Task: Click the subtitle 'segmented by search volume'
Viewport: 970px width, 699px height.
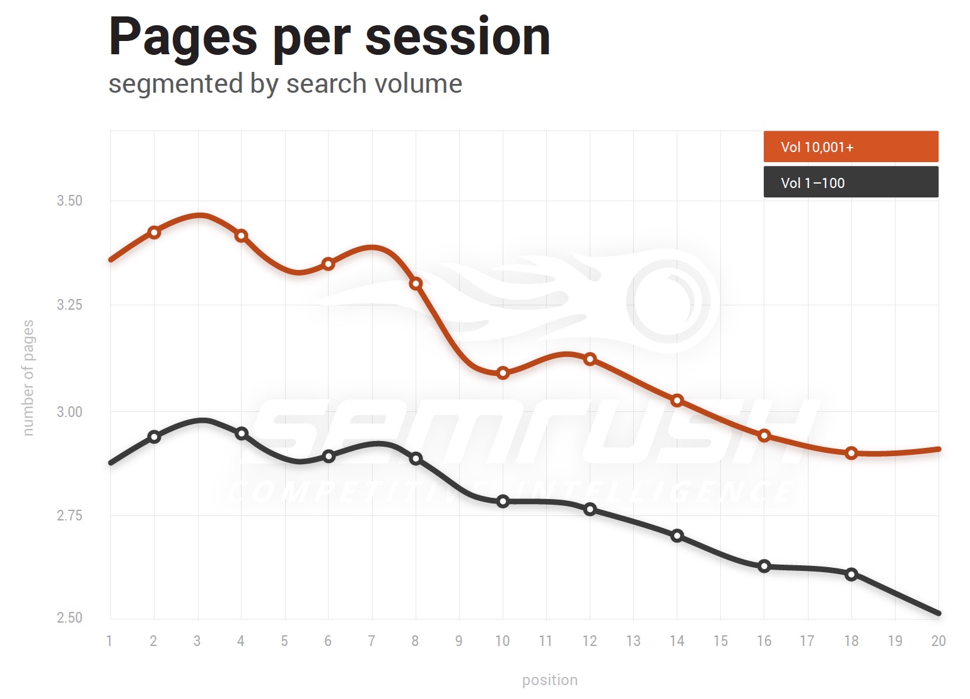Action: [x=285, y=84]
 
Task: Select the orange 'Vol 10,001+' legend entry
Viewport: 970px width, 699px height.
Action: [x=850, y=147]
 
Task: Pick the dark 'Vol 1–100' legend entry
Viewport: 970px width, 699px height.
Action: [x=850, y=183]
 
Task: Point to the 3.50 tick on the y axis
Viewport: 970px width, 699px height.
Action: [x=69, y=201]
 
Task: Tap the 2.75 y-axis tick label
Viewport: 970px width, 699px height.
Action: [x=69, y=516]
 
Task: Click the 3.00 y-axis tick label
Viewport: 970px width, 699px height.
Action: [x=69, y=412]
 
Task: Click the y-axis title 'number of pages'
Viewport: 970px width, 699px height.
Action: [x=28, y=377]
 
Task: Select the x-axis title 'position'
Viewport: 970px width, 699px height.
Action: [x=549, y=680]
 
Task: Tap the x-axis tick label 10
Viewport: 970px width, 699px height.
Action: [x=502, y=641]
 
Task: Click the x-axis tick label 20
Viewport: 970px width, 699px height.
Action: [x=938, y=641]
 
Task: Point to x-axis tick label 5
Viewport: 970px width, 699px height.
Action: [x=284, y=641]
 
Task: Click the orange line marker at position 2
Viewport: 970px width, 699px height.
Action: [x=154, y=232]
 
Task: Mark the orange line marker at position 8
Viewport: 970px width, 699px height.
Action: [x=416, y=284]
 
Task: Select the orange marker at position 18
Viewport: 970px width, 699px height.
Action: [x=851, y=453]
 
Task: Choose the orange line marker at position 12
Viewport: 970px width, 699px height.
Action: [x=590, y=359]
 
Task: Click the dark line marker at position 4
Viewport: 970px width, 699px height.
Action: [x=242, y=433]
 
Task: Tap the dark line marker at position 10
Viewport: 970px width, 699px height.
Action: [x=503, y=502]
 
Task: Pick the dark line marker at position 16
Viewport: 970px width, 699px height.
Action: [x=764, y=566]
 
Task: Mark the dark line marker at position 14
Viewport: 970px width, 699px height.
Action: [x=677, y=536]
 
